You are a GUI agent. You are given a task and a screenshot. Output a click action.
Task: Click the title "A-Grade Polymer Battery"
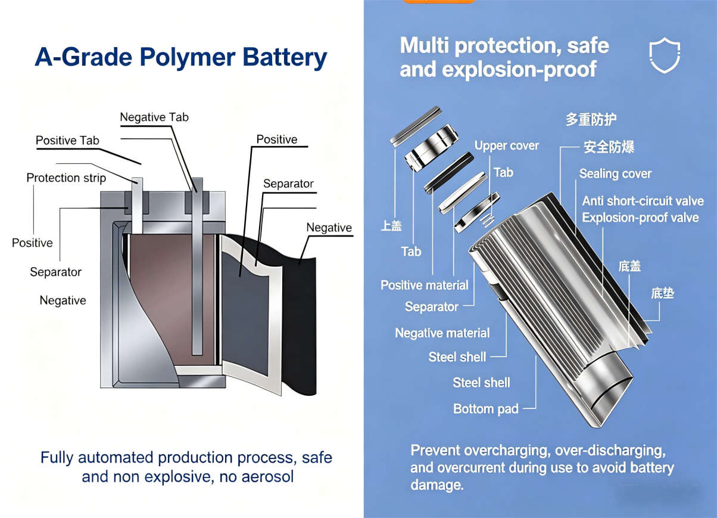pyautogui.click(x=181, y=57)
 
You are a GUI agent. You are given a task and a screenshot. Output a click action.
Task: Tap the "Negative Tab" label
pyautogui.click(x=154, y=117)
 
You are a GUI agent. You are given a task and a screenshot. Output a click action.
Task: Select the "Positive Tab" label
pyautogui.click(x=67, y=141)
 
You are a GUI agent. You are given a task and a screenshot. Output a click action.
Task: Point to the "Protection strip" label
pyautogui.click(x=66, y=178)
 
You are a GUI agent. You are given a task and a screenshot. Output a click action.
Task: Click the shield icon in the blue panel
pyautogui.click(x=664, y=55)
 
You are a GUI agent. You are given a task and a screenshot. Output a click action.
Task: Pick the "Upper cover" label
pyautogui.click(x=506, y=145)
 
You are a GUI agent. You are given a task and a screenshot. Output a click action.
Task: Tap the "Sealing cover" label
pyautogui.click(x=615, y=173)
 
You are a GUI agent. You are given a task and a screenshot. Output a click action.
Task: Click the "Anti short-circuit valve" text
pyautogui.click(x=643, y=201)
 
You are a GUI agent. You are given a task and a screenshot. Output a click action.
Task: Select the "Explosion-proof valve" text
pyautogui.click(x=640, y=218)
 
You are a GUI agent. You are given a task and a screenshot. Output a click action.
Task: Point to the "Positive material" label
pyautogui.click(x=425, y=285)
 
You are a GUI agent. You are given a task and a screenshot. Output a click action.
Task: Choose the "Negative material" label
pyautogui.click(x=442, y=333)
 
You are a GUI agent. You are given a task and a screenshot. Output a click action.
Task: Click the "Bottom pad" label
pyautogui.click(x=485, y=409)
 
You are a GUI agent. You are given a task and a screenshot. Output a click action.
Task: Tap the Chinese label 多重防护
pyautogui.click(x=591, y=119)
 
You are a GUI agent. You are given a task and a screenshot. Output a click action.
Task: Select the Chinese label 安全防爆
pyautogui.click(x=609, y=147)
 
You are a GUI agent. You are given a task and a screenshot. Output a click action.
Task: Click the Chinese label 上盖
pyautogui.click(x=391, y=225)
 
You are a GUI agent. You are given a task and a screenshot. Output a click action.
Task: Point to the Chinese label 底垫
pyautogui.click(x=662, y=293)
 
